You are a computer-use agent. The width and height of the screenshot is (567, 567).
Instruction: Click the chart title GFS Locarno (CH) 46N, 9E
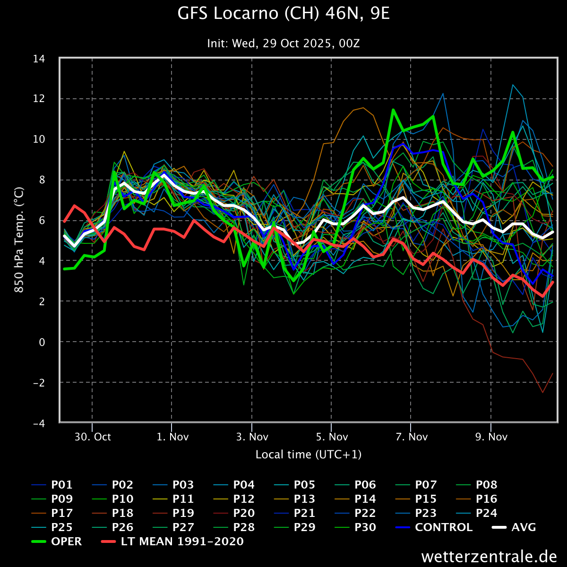pos(283,14)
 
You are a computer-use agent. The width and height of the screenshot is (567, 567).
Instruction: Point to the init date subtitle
pos(283,43)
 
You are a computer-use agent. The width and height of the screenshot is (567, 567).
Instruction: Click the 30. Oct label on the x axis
pos(92,437)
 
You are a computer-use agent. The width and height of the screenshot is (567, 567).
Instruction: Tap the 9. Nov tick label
pos(491,437)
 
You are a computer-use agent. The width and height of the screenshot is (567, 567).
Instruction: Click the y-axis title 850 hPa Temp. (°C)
pos(19,240)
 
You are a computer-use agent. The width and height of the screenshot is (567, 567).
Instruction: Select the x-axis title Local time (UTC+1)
pos(308,455)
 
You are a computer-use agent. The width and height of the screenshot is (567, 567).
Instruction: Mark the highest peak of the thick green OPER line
pos(393,110)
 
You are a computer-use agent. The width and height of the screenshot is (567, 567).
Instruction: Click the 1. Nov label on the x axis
pos(172,437)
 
